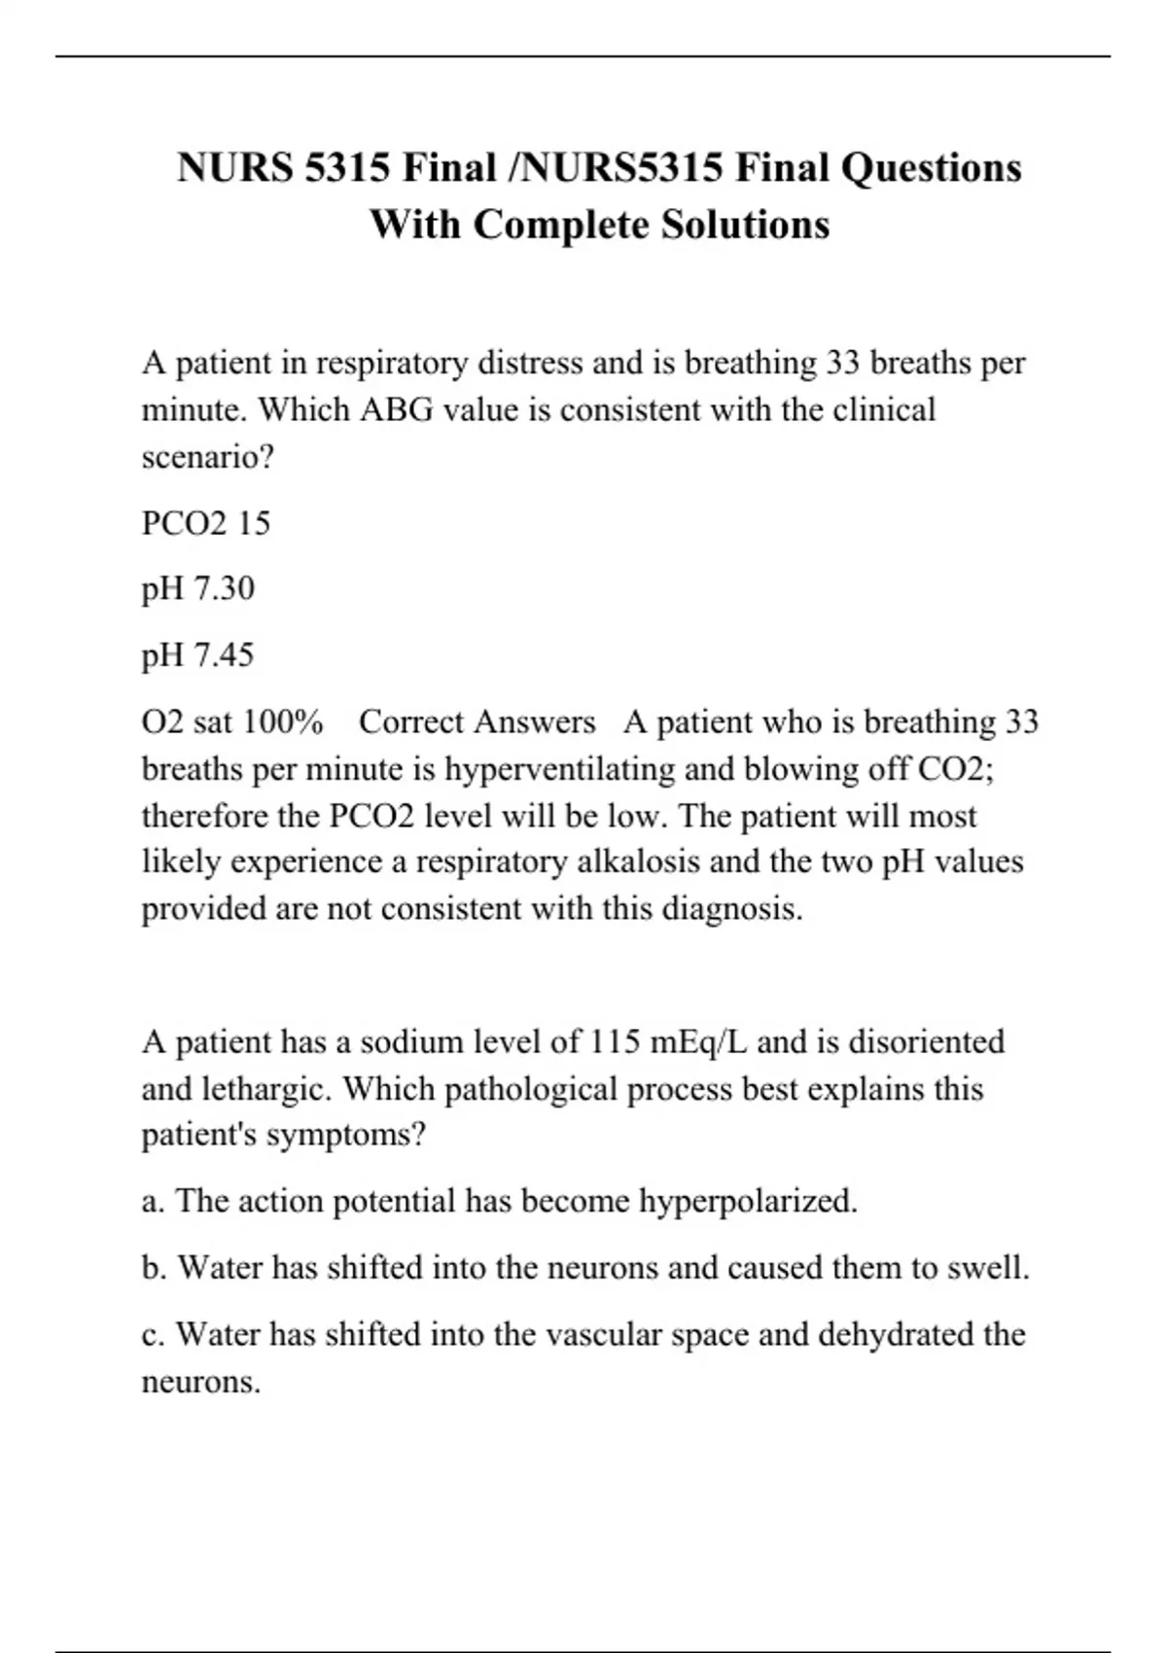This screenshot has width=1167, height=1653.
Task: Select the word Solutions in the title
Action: [x=746, y=225]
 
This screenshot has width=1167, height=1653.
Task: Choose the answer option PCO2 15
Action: [x=206, y=523]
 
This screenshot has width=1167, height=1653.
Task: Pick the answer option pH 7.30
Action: [x=198, y=588]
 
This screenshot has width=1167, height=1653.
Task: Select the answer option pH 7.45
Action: [x=198, y=654]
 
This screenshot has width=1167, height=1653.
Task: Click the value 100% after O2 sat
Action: [x=283, y=721]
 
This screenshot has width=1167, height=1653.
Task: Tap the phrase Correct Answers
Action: [x=477, y=721]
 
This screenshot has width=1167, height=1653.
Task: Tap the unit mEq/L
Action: [x=698, y=1041]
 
